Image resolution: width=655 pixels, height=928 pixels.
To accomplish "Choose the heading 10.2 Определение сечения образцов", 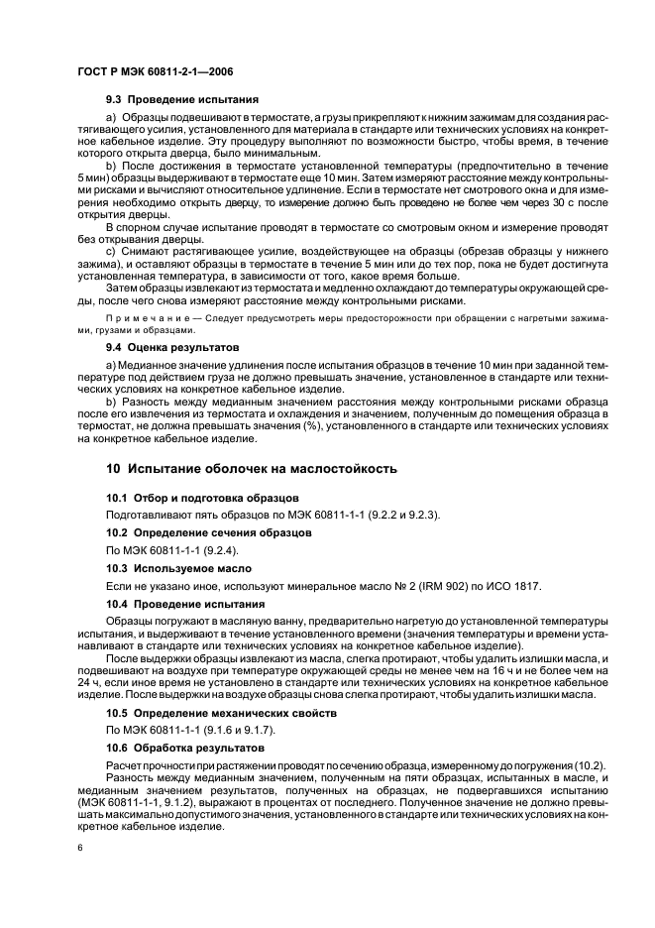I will pyautogui.click(x=208, y=532).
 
